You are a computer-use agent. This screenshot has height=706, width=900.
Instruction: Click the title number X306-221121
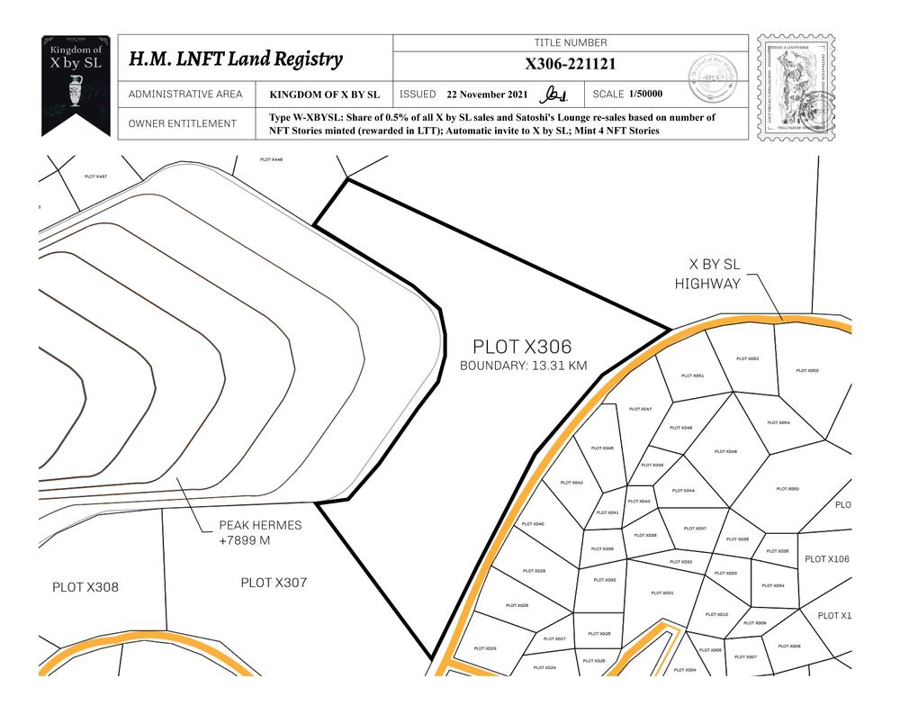pyautogui.click(x=571, y=64)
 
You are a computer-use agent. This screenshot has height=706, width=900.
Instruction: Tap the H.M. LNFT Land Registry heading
pyautogui.click(x=236, y=59)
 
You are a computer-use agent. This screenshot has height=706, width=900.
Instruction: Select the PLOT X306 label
pyautogui.click(x=522, y=347)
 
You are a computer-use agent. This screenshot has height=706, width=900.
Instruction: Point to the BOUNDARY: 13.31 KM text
pyautogui.click(x=523, y=367)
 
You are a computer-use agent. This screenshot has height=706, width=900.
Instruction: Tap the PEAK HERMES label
pyautogui.click(x=260, y=525)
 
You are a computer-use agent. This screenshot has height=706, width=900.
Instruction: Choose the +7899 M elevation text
pyautogui.click(x=245, y=540)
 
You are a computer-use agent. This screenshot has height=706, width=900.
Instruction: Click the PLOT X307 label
pyautogui.click(x=274, y=583)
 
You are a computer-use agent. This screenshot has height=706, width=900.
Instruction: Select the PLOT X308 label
pyautogui.click(x=85, y=587)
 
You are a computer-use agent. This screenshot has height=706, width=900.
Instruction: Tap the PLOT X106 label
pyautogui.click(x=826, y=559)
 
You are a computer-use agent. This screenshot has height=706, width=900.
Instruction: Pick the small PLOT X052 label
pyautogui.click(x=747, y=358)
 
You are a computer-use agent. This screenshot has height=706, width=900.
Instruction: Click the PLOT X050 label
pyautogui.click(x=787, y=489)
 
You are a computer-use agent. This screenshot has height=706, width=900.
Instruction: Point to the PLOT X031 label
pyautogui.click(x=662, y=593)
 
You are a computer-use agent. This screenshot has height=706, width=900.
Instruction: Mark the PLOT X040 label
pyautogui.click(x=533, y=523)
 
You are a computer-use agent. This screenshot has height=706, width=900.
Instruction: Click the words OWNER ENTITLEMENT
pyautogui.click(x=183, y=123)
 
